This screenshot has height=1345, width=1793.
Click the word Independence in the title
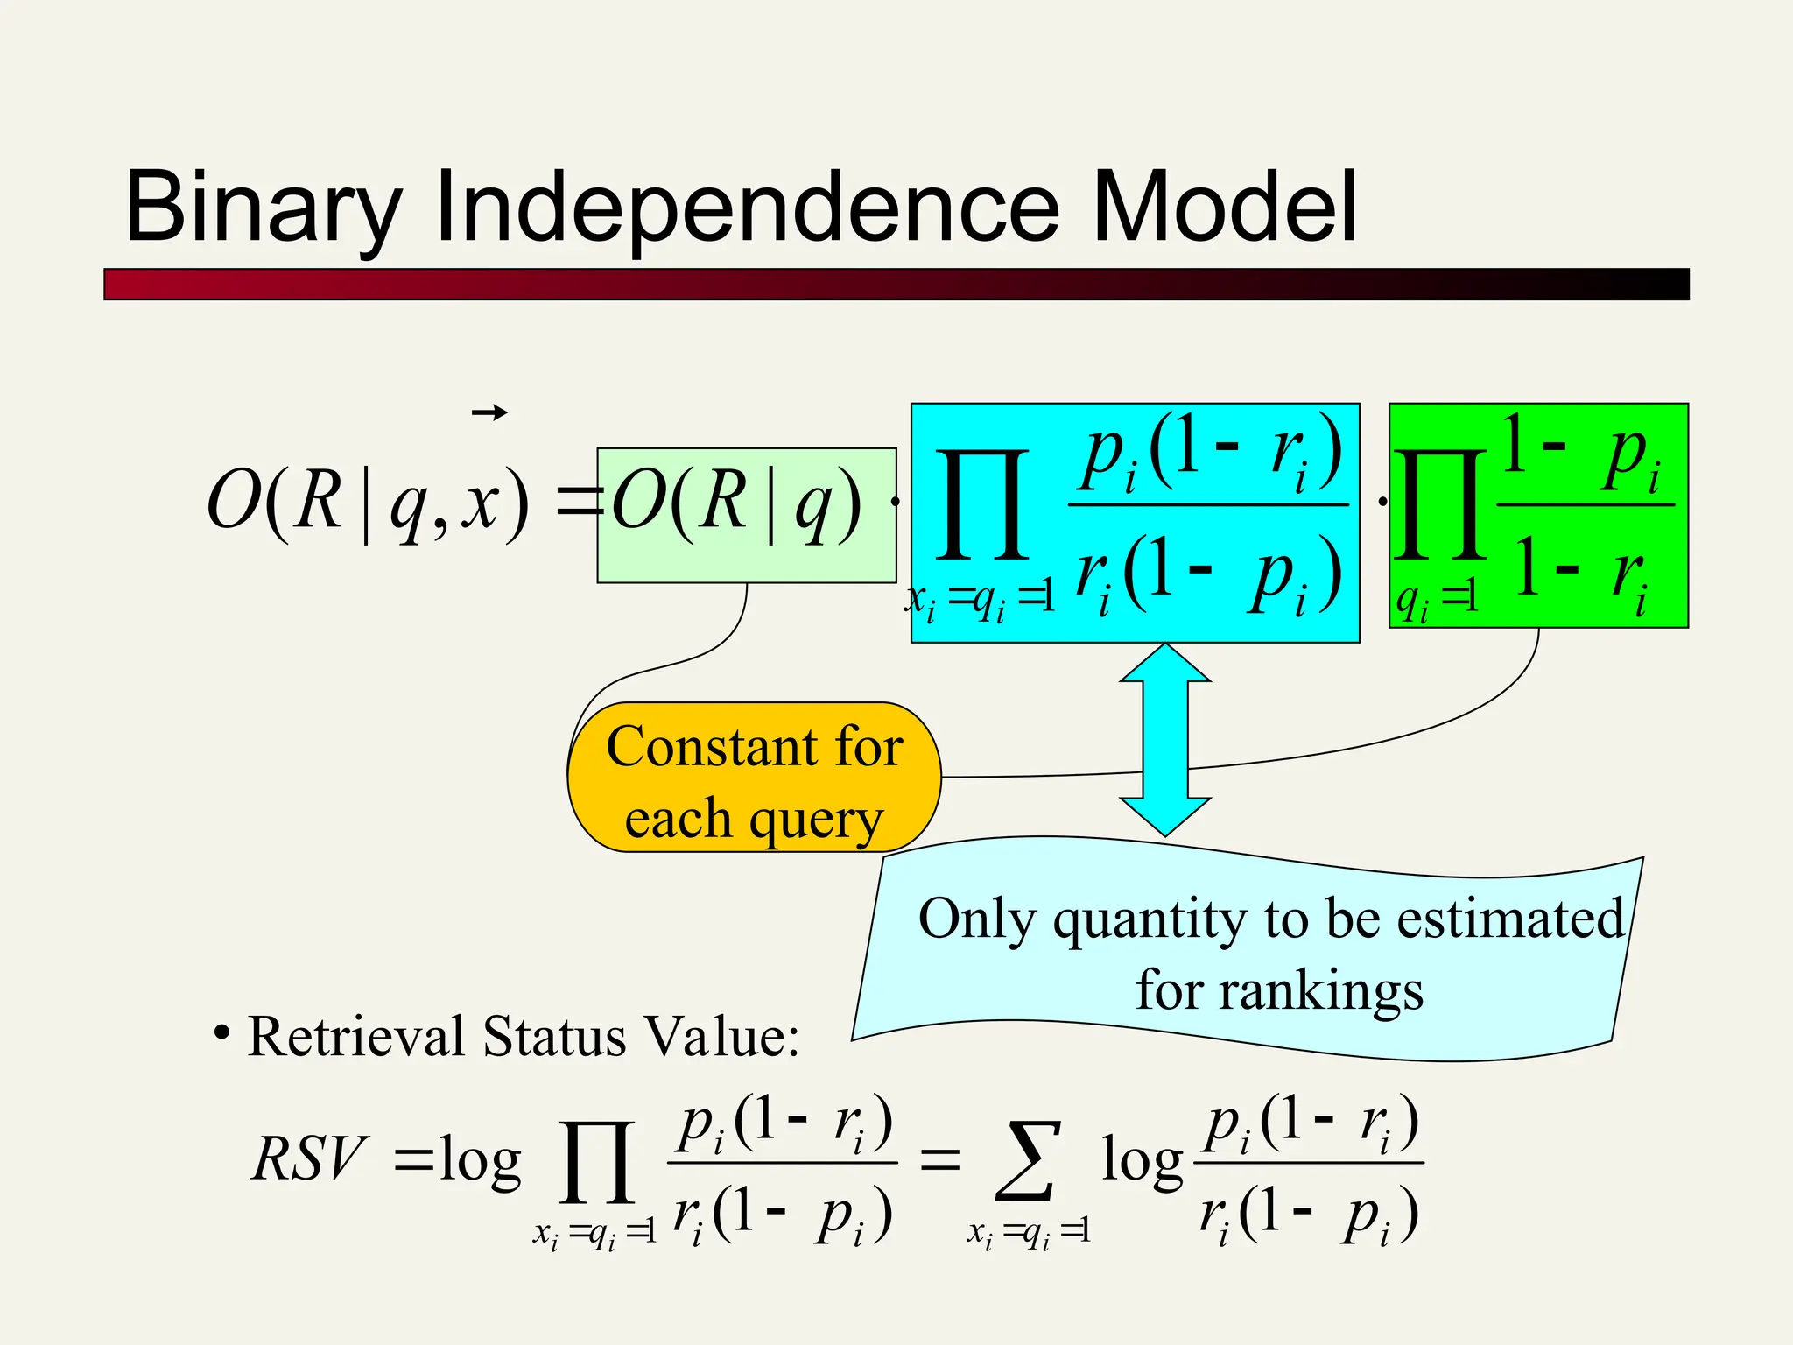click(x=746, y=208)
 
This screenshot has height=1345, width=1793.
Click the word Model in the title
click(x=1224, y=208)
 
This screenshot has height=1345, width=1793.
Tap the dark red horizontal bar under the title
click(x=896, y=285)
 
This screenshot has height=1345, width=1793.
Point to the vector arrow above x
click(x=489, y=412)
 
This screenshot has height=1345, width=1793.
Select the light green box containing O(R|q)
click(x=746, y=515)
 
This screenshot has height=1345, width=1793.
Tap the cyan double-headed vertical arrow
click(x=1165, y=740)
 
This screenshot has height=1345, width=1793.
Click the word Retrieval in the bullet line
click(x=355, y=1038)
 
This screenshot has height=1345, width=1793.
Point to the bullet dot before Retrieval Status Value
click(x=222, y=1033)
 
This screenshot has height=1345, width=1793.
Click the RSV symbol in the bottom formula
click(x=308, y=1158)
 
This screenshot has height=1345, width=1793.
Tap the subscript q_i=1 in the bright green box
click(x=1436, y=600)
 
